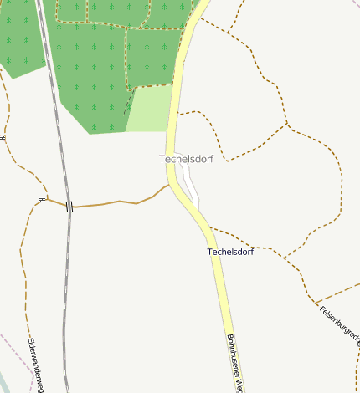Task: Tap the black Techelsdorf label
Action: tap(230, 251)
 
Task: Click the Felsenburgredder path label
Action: tap(339, 326)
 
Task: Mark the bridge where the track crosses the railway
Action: tap(69, 206)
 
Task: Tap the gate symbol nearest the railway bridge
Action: tap(41, 199)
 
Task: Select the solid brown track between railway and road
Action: tap(117, 202)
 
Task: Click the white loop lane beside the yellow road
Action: tap(193, 188)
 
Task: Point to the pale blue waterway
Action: tap(7, 381)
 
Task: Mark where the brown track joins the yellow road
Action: tap(170, 185)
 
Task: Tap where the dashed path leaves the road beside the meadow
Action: tap(178, 113)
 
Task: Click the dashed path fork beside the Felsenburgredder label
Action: tap(315, 301)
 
